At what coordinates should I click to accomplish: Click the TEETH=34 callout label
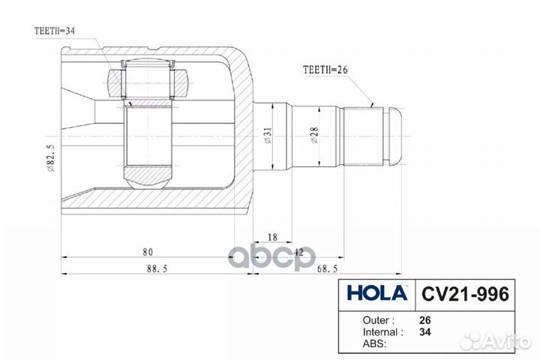tap(55, 31)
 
